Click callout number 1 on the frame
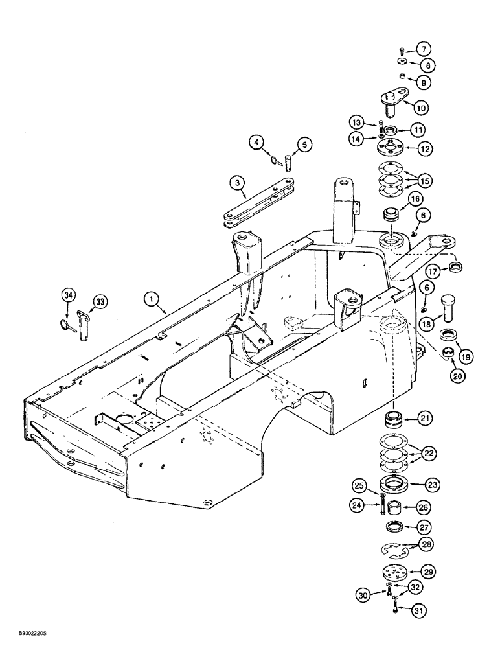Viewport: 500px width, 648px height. click(150, 299)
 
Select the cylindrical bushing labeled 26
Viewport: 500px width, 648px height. click(395, 505)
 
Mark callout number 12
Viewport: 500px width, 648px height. click(425, 149)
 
